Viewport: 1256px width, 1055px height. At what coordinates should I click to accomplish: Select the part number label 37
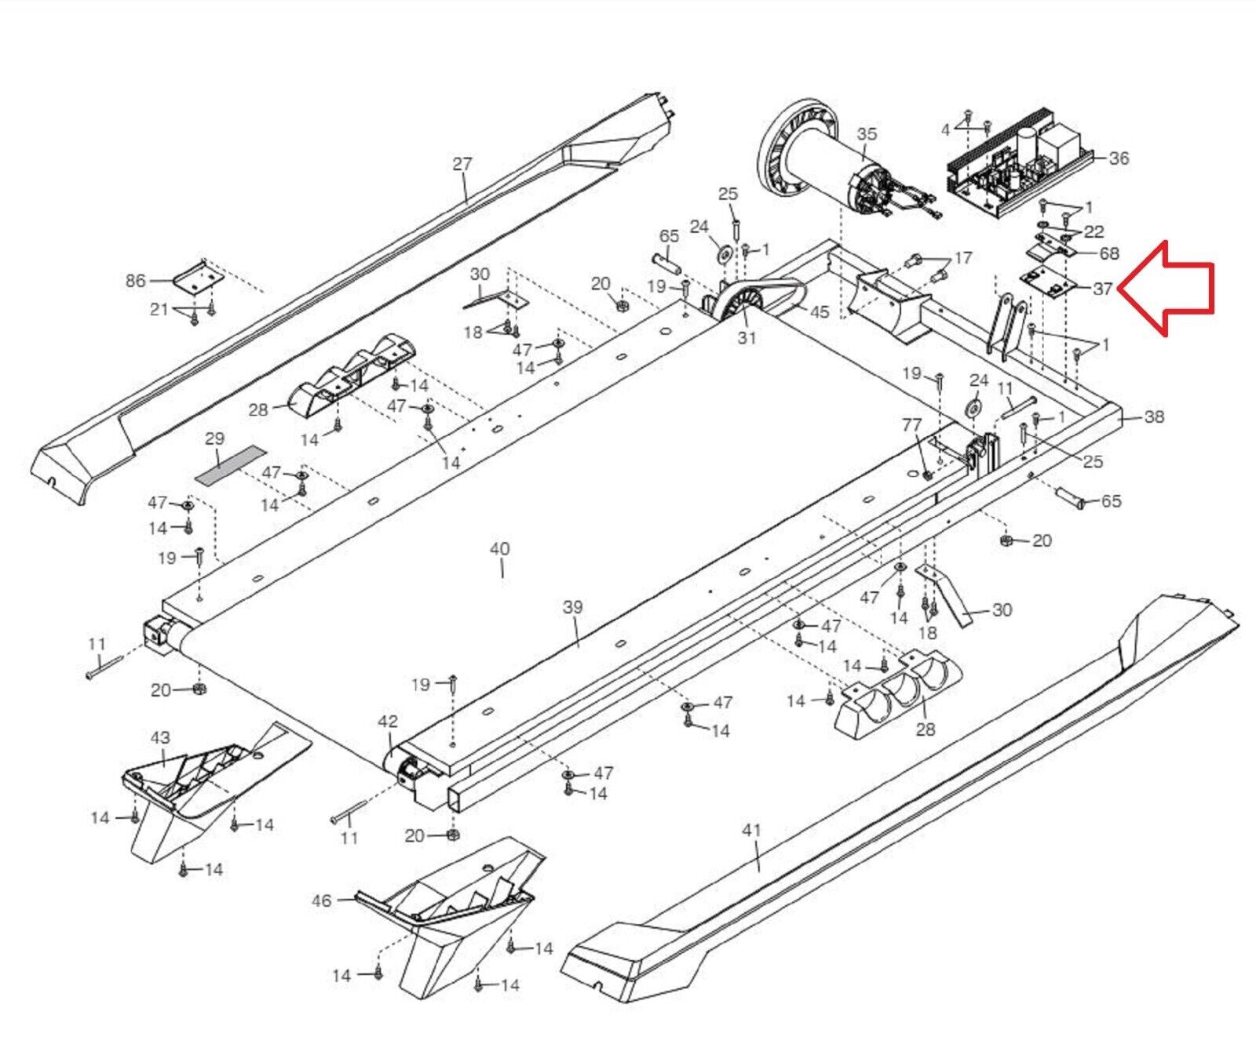(x=1102, y=289)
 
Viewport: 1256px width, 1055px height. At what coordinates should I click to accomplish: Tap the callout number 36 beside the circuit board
(x=1119, y=158)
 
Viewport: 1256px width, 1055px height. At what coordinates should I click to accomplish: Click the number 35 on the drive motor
(x=867, y=134)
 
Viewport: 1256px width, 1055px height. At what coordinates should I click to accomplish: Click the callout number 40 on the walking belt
(x=499, y=548)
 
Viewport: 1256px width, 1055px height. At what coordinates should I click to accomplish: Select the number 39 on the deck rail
(x=573, y=606)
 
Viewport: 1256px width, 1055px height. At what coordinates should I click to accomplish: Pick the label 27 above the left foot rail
(x=462, y=164)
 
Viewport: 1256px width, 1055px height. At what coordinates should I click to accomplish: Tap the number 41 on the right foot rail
(x=752, y=829)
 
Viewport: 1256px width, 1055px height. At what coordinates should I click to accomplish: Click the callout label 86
(x=136, y=280)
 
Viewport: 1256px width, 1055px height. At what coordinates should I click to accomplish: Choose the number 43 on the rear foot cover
(x=160, y=737)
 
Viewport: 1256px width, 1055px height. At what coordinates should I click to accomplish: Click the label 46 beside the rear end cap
(x=322, y=900)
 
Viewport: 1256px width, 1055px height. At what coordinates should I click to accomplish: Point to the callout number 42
(x=388, y=721)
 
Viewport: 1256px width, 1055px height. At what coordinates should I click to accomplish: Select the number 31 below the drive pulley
(x=747, y=337)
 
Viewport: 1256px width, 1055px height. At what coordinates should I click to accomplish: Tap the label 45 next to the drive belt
(x=819, y=311)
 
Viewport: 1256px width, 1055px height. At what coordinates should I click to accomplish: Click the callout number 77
(x=911, y=424)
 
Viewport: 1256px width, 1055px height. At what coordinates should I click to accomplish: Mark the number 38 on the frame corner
(x=1154, y=417)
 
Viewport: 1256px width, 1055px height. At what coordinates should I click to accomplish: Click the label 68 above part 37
(x=1109, y=253)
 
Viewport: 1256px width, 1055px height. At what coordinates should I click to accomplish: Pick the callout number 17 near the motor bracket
(x=963, y=257)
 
